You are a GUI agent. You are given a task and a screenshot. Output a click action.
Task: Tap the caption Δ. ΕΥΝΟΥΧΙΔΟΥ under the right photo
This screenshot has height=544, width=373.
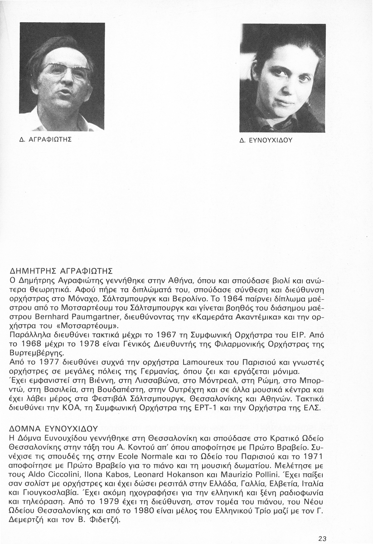[x=266, y=140]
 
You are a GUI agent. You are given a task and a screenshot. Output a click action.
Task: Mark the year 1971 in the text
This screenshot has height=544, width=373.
[x=312, y=455]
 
